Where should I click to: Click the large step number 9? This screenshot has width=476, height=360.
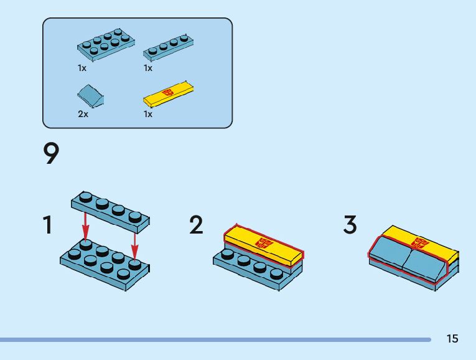tap(52, 154)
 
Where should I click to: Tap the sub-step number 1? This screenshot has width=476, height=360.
tap(47, 225)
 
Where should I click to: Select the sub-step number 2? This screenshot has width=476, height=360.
tap(197, 225)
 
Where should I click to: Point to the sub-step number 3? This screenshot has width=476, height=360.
tap(350, 225)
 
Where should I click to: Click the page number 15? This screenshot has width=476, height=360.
tap(452, 339)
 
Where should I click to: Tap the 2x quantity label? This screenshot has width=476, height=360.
tap(83, 114)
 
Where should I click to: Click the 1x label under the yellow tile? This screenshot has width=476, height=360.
tap(148, 114)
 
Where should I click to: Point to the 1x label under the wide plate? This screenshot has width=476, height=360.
tap(82, 68)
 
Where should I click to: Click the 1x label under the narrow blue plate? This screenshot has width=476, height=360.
tap(148, 68)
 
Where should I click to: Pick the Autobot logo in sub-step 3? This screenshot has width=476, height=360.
tap(420, 242)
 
